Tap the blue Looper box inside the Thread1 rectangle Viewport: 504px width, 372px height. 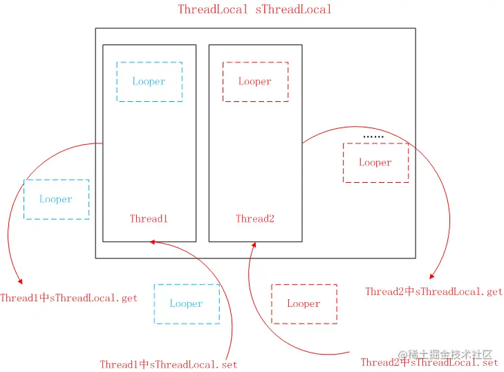coord(149,82)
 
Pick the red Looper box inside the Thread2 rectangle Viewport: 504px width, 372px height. coord(255,82)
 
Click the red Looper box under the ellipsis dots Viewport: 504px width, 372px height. coord(375,163)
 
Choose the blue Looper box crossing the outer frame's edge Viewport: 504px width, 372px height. coord(56,200)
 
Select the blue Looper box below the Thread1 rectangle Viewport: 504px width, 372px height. coord(187,303)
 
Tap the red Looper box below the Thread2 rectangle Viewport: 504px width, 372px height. coord(304,303)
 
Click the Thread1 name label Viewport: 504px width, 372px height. coord(149,219)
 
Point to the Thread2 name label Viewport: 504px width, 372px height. coord(255,219)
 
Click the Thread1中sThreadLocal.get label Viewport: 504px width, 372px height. coord(68,299)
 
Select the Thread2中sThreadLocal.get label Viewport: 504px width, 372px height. coord(433,292)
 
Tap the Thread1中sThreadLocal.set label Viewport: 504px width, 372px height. coord(169,364)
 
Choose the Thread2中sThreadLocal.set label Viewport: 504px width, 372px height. coord(429,362)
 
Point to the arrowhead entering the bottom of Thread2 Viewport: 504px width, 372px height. coord(254,244)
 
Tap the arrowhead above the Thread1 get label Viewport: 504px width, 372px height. coord(21,282)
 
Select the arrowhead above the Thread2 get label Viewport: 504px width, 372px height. coord(431,276)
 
